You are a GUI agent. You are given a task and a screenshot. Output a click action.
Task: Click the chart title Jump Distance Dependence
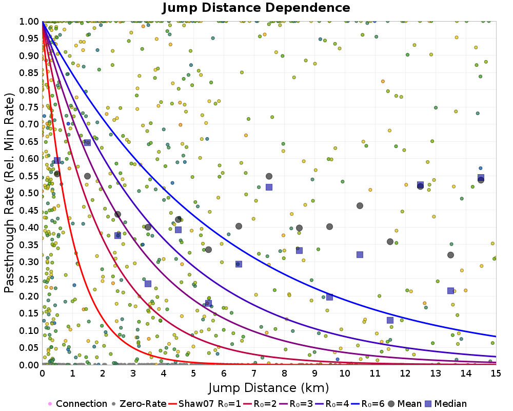coord(256,8)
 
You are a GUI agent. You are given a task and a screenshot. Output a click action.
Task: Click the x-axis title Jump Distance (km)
coord(269,387)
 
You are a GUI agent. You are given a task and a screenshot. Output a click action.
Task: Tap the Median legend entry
coord(445,404)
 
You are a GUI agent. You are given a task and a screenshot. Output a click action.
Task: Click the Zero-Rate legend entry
coord(141,404)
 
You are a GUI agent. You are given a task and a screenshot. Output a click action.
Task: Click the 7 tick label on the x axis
coord(254,373)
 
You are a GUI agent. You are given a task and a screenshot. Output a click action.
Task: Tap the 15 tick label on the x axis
coord(496,373)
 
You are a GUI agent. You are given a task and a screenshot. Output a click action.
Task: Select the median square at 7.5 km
coord(269,187)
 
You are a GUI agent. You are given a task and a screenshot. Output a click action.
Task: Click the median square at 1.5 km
coord(87,142)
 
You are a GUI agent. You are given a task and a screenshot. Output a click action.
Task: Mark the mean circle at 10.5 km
coord(360,206)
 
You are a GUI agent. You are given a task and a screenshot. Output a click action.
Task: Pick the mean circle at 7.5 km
coord(269,176)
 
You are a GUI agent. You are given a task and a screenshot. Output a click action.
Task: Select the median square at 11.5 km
coord(390,320)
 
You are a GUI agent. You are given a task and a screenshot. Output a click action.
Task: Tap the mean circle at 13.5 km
coord(450,255)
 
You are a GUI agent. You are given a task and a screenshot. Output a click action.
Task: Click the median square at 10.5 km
coord(360,254)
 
